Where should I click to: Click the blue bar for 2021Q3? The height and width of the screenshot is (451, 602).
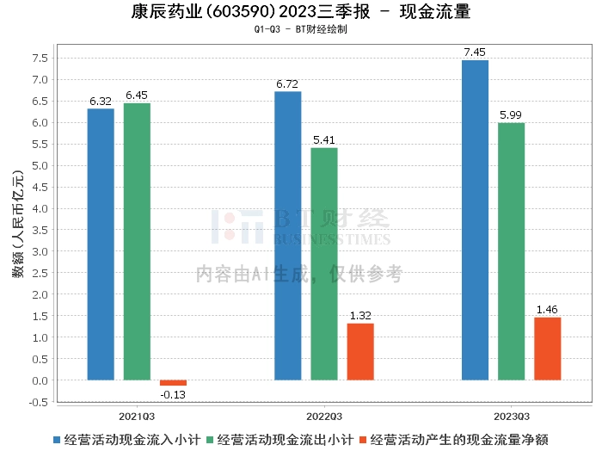click(101, 244)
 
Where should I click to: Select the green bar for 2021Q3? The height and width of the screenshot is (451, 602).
click(137, 242)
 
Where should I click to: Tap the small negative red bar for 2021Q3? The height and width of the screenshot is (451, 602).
click(173, 383)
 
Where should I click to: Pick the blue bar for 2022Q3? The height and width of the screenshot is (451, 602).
click(287, 236)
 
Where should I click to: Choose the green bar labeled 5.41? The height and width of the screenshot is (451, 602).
click(324, 263)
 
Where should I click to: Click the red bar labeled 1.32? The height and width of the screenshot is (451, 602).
click(360, 352)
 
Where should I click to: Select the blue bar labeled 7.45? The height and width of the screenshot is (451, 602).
click(475, 220)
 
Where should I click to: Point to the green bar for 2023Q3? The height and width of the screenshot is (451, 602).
click(511, 251)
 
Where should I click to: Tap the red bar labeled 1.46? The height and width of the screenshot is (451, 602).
click(547, 349)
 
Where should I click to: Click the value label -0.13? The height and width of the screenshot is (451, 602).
click(173, 395)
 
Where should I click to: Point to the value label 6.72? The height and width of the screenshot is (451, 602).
click(287, 84)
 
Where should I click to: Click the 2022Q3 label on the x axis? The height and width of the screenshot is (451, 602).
click(323, 413)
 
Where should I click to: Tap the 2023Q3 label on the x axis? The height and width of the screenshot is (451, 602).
click(511, 413)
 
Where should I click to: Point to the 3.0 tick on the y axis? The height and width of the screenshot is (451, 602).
click(39, 251)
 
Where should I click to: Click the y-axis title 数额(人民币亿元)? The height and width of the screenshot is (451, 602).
click(18, 230)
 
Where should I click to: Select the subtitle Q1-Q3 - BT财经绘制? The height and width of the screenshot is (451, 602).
click(300, 29)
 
